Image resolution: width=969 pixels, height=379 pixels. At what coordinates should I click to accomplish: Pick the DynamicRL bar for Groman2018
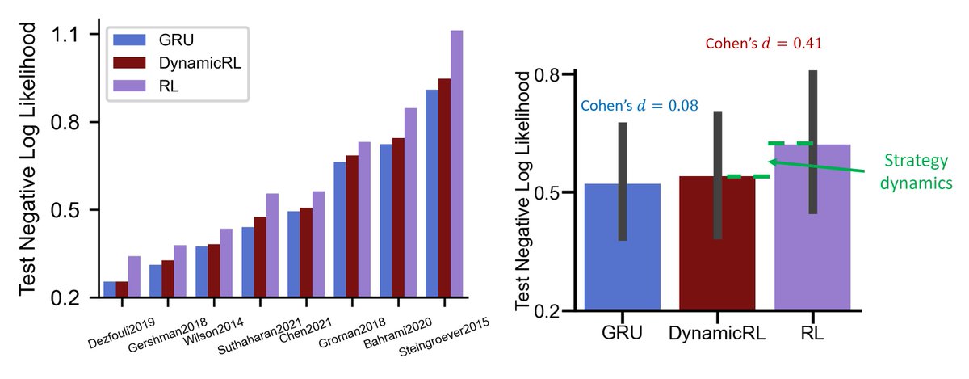[x=329, y=226]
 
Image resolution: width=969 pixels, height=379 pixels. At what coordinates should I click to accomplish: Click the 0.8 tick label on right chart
[x=548, y=74]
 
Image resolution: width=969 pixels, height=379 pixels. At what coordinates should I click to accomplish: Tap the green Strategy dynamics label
[x=915, y=171]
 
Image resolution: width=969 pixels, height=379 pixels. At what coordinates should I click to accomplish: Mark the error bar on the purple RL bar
[x=812, y=142]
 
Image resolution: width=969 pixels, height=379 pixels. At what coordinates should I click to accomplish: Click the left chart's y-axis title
[x=28, y=158]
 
